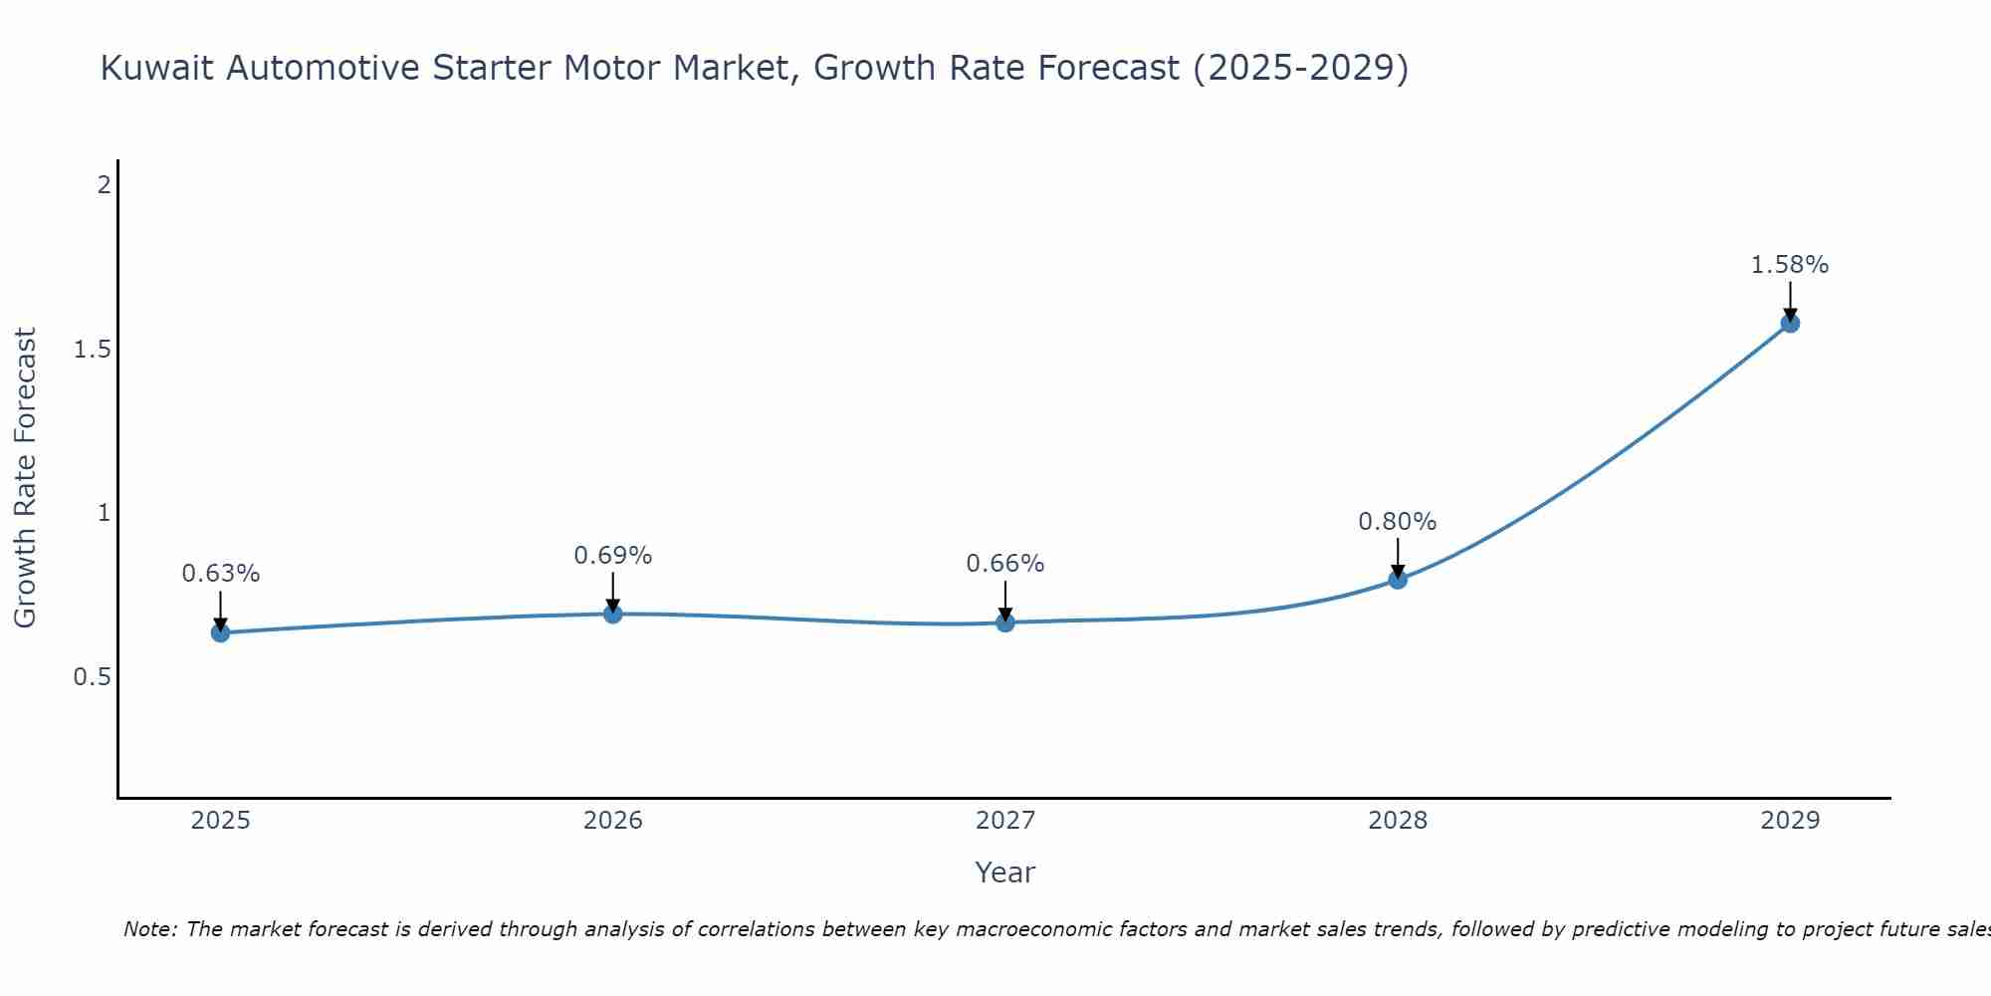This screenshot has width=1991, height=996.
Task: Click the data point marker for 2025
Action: (x=220, y=632)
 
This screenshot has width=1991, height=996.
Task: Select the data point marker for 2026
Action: (x=613, y=614)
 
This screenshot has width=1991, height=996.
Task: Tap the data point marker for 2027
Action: (x=1005, y=622)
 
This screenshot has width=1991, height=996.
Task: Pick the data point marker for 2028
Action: (x=1398, y=579)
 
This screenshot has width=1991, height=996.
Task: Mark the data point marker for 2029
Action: (x=1790, y=323)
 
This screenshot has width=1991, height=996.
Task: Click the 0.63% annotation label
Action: (x=220, y=574)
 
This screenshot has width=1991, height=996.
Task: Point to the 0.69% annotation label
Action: (x=613, y=556)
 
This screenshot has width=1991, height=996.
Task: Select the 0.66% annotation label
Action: (x=1005, y=564)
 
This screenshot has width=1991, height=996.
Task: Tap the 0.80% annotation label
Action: (x=1398, y=522)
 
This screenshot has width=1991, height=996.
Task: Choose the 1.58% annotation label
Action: (x=1790, y=265)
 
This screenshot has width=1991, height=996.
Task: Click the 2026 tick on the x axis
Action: (x=613, y=821)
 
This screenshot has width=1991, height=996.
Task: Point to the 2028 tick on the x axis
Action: (x=1398, y=821)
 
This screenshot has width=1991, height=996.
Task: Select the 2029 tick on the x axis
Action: (x=1790, y=821)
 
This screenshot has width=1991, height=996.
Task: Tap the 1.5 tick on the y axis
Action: (x=92, y=350)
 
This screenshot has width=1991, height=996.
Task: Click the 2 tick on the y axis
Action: (x=103, y=185)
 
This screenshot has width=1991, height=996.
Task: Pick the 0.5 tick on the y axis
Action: (x=92, y=677)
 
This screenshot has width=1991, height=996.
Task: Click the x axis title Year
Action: (x=1005, y=872)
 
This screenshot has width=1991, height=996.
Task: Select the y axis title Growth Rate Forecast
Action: (x=26, y=478)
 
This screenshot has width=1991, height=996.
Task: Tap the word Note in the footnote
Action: (x=149, y=929)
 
